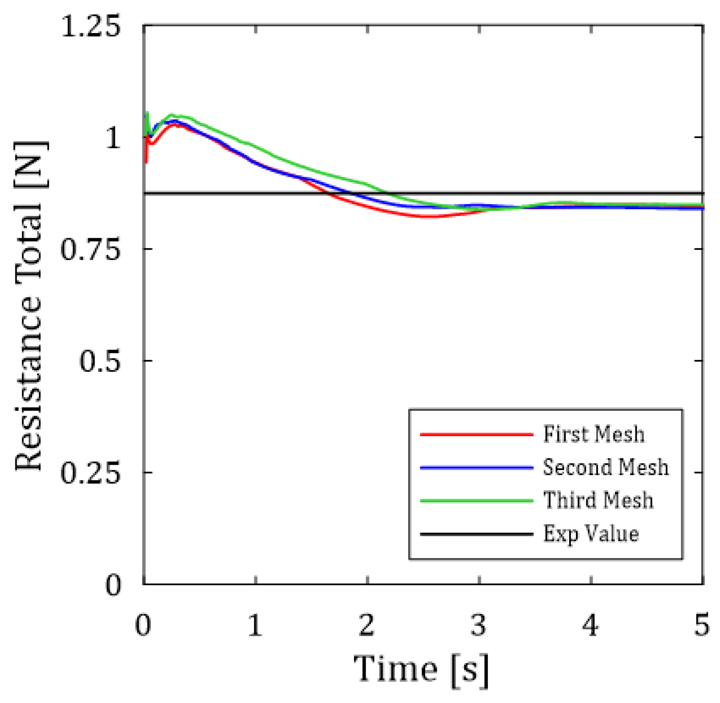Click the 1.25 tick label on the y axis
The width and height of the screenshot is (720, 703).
pyautogui.click(x=91, y=27)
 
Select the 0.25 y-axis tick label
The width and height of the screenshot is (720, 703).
pyautogui.click(x=90, y=473)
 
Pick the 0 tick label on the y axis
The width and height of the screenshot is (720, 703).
pyautogui.click(x=113, y=584)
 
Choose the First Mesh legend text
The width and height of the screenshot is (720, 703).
pyautogui.click(x=594, y=434)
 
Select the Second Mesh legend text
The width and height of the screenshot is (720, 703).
pyautogui.click(x=606, y=467)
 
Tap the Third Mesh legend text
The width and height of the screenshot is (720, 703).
pyautogui.click(x=598, y=500)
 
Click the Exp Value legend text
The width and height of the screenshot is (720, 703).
pyautogui.click(x=591, y=534)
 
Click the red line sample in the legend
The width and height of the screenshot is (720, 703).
pyautogui.click(x=477, y=434)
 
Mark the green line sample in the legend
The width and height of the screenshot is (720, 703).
pyautogui.click(x=477, y=500)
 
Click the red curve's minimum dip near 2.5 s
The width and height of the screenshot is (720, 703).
pyautogui.click(x=429, y=216)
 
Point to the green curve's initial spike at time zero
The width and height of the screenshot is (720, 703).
pyautogui.click(x=148, y=113)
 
